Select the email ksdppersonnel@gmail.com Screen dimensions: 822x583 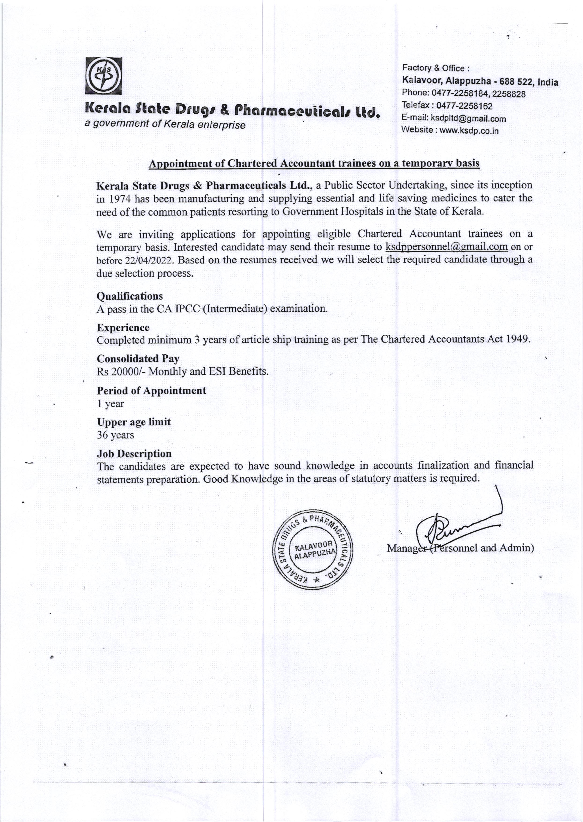(x=446, y=247)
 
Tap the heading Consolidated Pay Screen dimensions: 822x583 (x=138, y=358)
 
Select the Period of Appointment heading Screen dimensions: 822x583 (x=151, y=390)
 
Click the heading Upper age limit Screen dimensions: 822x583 (x=133, y=422)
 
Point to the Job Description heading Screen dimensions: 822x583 (x=134, y=453)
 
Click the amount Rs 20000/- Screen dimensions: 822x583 (x=121, y=371)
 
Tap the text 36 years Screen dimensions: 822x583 (x=115, y=435)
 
